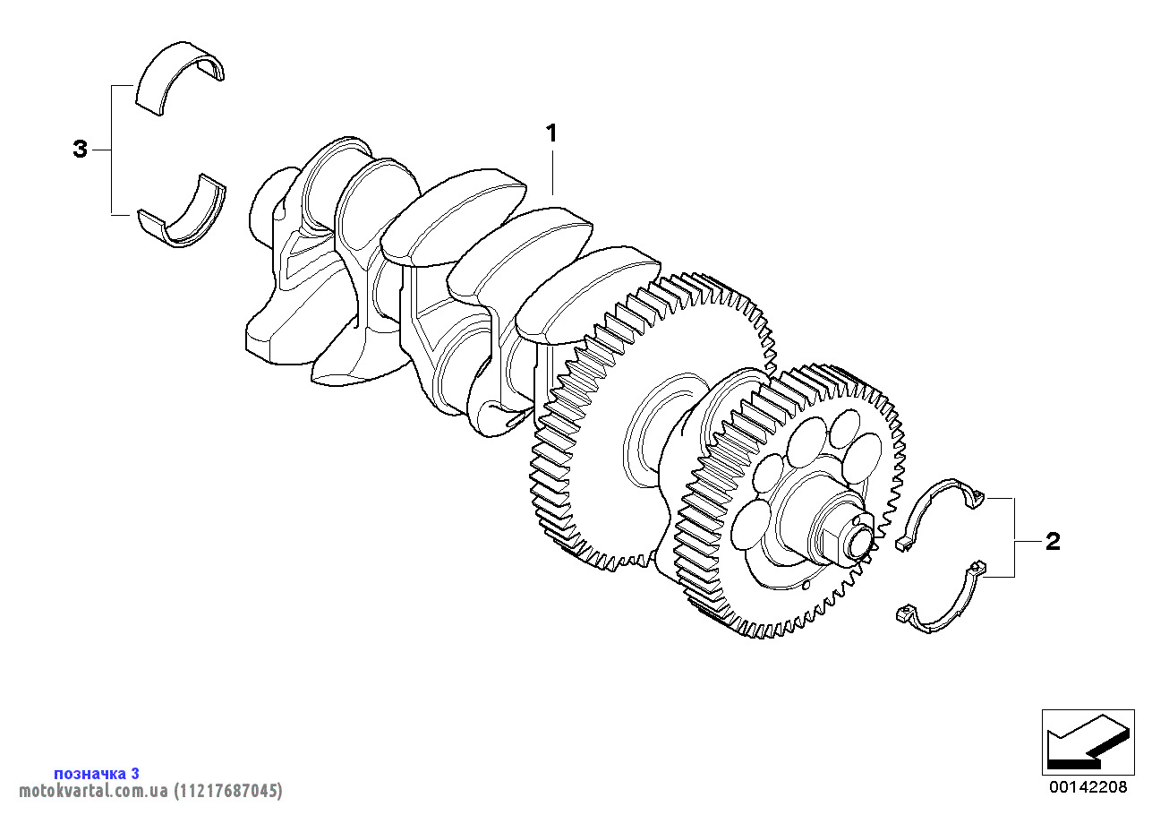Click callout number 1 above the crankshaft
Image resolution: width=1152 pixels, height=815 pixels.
coord(551,133)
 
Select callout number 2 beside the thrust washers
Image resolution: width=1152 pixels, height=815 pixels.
coord(1053,541)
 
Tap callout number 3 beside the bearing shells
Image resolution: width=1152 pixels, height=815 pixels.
coord(81,150)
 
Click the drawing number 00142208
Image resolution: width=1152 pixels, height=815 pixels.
coord(1088,787)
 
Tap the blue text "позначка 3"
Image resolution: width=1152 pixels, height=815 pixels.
coord(97,773)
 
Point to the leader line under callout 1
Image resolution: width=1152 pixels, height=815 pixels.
coord(552,172)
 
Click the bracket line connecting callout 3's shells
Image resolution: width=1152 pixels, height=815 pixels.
coord(112,150)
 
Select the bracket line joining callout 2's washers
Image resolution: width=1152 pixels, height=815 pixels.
coord(1014,537)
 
